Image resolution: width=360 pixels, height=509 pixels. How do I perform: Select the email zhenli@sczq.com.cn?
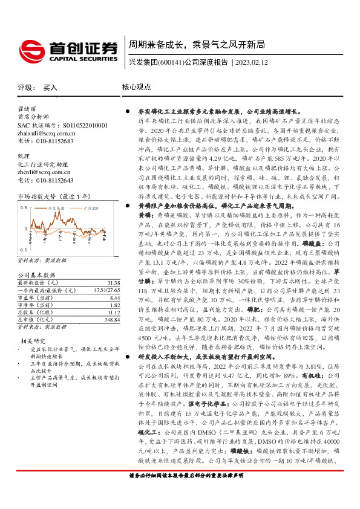(43, 172)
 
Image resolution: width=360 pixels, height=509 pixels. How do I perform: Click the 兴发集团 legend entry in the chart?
(57, 207)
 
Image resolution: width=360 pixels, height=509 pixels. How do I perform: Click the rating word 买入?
(51, 88)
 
